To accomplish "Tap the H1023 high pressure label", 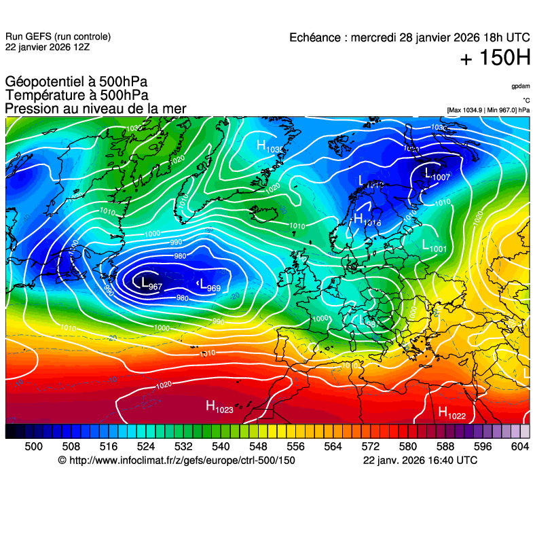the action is point(219,407).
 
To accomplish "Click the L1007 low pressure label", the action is point(437,175).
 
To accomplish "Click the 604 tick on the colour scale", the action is point(519,446).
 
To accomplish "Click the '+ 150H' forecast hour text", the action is point(495,58).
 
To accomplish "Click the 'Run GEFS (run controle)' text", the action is point(58,37).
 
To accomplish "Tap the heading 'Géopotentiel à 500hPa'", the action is point(75,82).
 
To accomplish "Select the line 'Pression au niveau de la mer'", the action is point(95,109).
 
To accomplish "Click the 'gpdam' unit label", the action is point(521,86).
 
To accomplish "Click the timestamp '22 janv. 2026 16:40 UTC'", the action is point(420,461).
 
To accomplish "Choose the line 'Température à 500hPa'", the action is point(76,96).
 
